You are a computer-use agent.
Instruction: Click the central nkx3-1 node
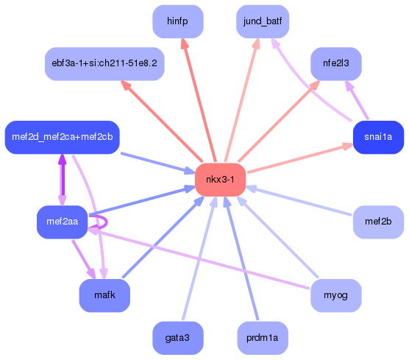coord(220,180)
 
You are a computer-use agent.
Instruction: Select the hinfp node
coord(178,21)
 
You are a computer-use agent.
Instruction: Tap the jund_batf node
coord(263,21)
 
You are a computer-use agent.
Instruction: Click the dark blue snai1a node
coord(378,137)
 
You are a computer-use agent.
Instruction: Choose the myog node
coord(336,295)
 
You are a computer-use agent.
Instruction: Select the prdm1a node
coord(263,338)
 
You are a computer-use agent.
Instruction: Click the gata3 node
coord(178,338)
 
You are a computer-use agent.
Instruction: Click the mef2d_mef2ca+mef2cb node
coord(62,137)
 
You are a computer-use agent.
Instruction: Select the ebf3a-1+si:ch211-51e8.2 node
coord(104,63)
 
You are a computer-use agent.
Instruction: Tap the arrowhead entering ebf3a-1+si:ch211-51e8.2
coord(126,85)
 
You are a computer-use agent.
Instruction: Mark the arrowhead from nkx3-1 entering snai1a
coord(345,147)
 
